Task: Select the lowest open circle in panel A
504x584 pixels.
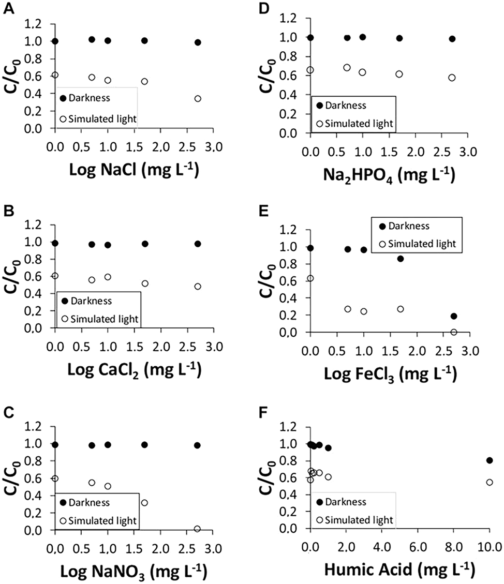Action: click(198, 99)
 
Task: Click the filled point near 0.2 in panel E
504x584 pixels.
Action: click(454, 316)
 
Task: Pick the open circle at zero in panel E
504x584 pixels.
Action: click(454, 332)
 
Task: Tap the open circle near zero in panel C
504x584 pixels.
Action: click(197, 529)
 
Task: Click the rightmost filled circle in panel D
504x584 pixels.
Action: click(452, 39)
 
